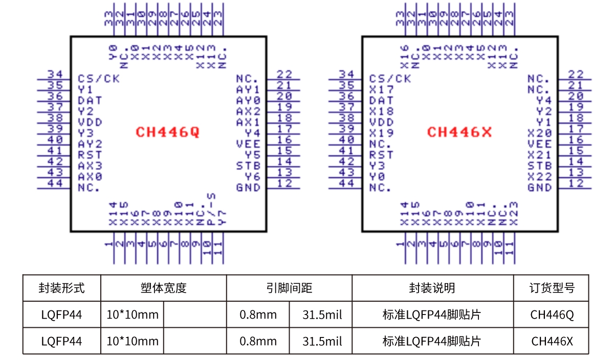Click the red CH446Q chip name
tap(167, 132)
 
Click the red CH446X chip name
tap(459, 132)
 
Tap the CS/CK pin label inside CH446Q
tap(99, 79)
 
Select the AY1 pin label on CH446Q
tap(248, 89)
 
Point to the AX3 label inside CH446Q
tap(90, 166)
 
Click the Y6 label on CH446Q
tap(252, 177)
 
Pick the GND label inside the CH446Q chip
tap(248, 188)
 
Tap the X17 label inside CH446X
tap(381, 89)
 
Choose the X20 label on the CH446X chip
tap(540, 133)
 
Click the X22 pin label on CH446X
tap(540, 177)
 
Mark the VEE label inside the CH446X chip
tap(540, 144)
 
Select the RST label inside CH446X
tap(381, 155)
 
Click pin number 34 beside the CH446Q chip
tap(55, 75)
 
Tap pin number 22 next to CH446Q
tap(284, 75)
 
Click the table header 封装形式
tap(61, 288)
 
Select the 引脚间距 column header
tap(289, 288)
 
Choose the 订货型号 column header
tap(552, 288)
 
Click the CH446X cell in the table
tap(552, 341)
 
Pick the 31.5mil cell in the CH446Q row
tap(320, 314)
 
